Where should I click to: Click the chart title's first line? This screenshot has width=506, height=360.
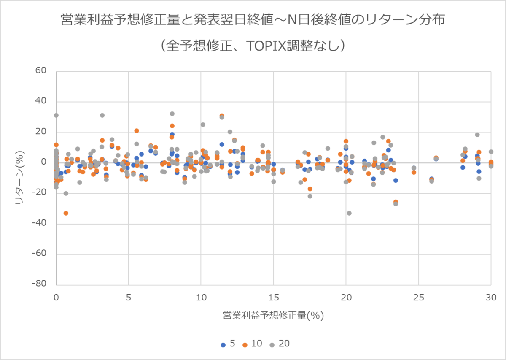click(253, 20)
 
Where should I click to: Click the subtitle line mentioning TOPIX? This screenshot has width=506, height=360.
click(253, 45)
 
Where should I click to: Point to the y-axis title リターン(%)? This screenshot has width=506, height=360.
click(19, 178)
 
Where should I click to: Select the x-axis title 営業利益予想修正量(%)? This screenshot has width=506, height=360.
click(273, 315)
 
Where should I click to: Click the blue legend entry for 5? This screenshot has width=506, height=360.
click(228, 344)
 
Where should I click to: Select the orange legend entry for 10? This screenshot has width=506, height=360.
click(252, 344)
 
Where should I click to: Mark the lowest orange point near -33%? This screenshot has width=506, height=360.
click(66, 213)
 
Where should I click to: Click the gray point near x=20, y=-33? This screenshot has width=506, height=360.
click(349, 213)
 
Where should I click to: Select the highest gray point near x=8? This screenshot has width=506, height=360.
click(172, 114)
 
